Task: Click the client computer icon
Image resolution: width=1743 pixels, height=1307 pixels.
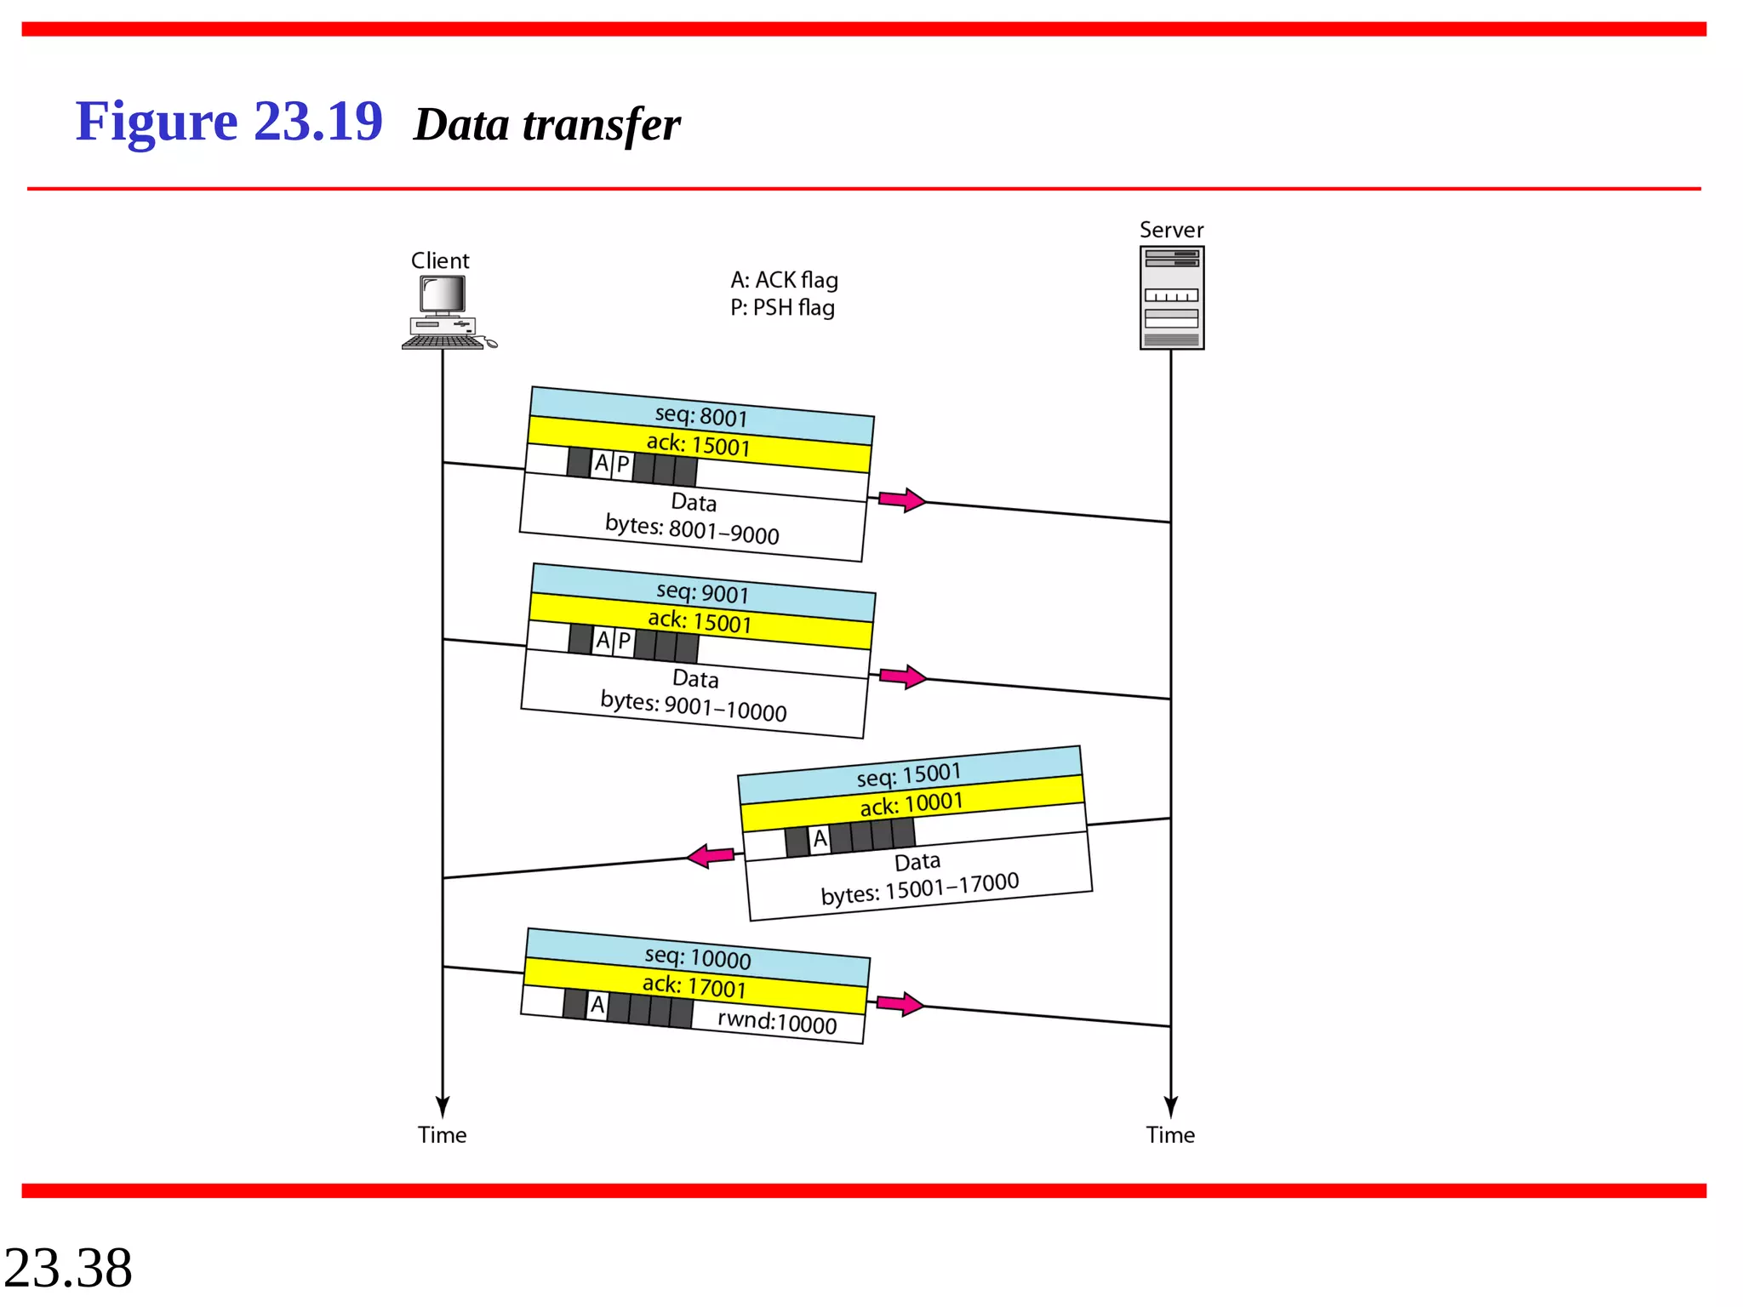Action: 447,312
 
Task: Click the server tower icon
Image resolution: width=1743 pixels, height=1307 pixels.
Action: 1171,298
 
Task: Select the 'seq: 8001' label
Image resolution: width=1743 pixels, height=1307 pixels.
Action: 701,416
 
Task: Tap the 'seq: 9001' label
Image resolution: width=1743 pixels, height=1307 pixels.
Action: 703,592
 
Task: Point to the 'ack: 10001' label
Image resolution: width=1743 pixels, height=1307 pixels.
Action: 912,803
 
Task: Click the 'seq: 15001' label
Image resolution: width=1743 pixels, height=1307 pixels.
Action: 909,774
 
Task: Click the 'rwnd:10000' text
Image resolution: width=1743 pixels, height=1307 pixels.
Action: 777,1021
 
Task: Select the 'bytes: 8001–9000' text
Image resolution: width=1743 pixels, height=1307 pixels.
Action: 692,529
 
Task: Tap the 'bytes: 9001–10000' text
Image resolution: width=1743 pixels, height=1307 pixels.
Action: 694,706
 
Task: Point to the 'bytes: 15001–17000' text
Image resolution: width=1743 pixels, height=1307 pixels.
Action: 919,888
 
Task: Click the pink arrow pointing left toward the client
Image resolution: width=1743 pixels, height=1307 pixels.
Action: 711,855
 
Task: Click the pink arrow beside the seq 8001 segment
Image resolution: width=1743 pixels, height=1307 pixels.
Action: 901,499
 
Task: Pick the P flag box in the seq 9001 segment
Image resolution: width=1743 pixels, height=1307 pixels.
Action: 624,641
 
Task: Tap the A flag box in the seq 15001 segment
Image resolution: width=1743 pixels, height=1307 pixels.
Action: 820,839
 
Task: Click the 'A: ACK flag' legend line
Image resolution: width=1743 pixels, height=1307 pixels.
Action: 784,280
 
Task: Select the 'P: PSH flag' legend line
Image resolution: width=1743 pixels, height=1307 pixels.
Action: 782,307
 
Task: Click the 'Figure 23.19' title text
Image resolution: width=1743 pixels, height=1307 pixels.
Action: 229,122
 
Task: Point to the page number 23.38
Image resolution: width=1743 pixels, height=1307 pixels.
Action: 68,1268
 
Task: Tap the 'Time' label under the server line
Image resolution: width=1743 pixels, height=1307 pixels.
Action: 1170,1134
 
